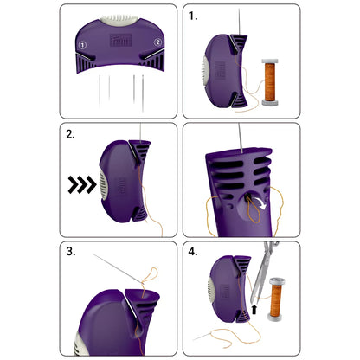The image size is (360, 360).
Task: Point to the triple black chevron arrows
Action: (x=80, y=183)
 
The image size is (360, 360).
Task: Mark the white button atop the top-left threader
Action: (x=119, y=17)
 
